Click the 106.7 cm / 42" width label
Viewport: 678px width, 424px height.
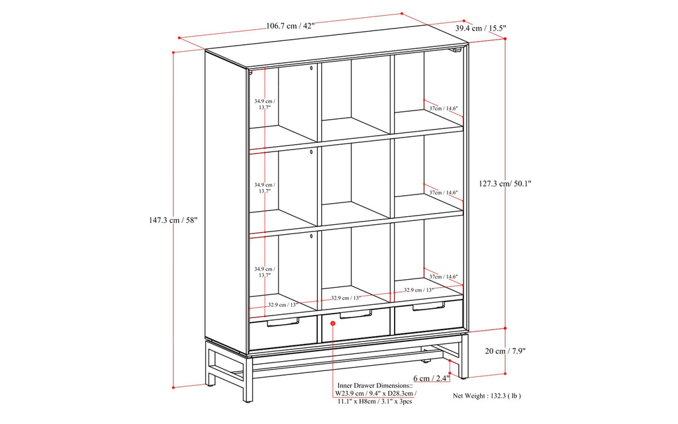290,26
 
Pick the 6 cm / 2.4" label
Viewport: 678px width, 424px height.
432,378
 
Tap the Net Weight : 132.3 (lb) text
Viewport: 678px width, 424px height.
487,396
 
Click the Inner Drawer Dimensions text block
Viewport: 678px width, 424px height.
377,392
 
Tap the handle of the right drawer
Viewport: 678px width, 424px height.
428,306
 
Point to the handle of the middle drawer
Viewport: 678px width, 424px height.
356,314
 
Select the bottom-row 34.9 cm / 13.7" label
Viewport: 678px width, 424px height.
265,273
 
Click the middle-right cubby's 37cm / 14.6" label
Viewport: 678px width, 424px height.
443,192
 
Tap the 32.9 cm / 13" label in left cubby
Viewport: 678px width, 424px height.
283,305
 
